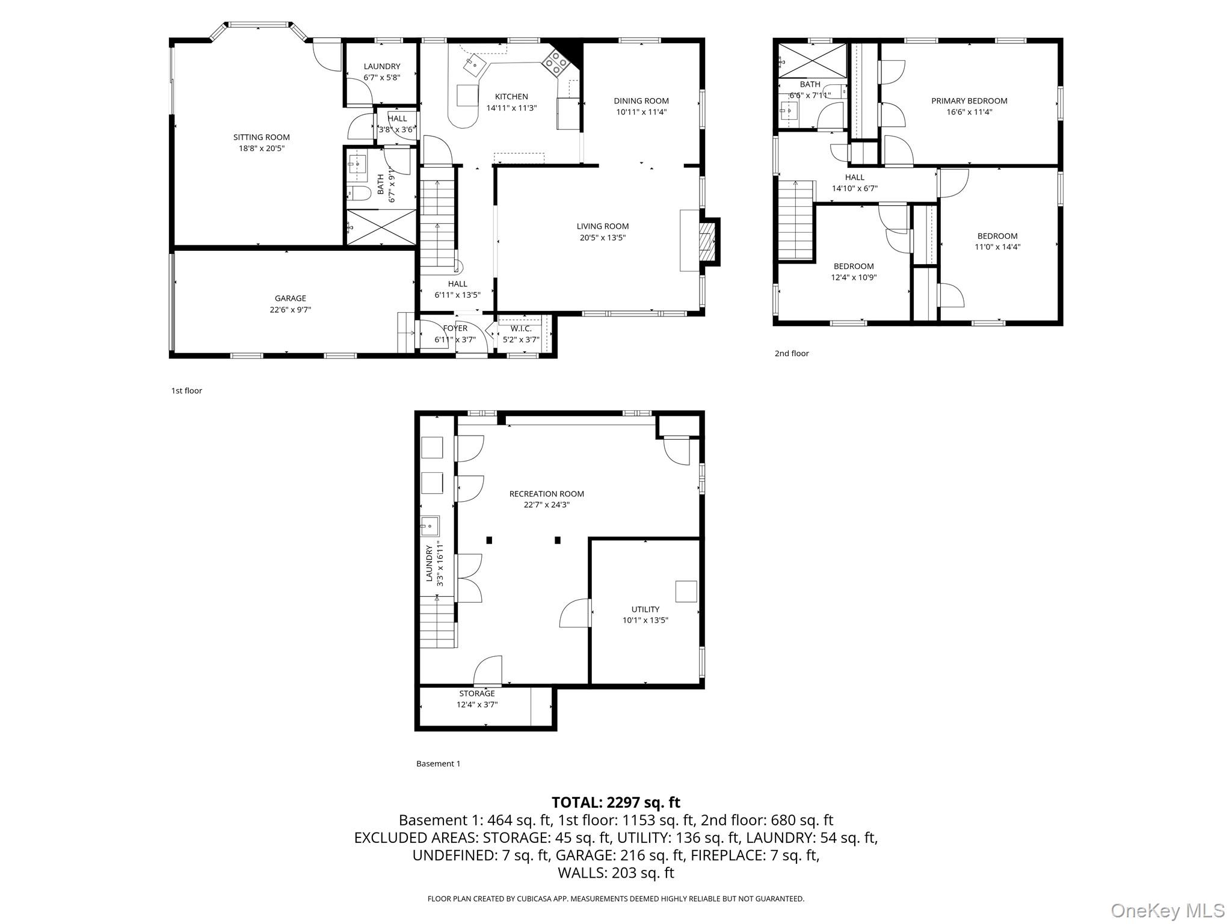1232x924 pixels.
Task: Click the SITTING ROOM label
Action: [x=261, y=137]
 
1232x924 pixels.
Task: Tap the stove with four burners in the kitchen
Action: [x=556, y=63]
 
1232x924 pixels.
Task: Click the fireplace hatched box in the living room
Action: [x=706, y=241]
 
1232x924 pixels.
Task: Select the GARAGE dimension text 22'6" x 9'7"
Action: [x=291, y=310]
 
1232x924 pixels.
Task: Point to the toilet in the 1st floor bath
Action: [x=359, y=193]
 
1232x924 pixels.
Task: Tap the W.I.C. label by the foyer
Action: [x=521, y=328]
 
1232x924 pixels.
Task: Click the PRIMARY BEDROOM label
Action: [x=969, y=101]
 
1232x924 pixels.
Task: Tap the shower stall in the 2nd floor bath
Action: [x=812, y=60]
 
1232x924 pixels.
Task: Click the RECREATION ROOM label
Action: [x=546, y=494]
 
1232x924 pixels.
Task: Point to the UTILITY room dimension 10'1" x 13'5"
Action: [x=645, y=620]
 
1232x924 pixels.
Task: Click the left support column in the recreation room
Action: [x=489, y=540]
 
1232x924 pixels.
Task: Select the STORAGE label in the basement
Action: [x=476, y=694]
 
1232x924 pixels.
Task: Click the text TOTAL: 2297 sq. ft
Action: [x=615, y=802]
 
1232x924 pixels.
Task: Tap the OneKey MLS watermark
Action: [x=1167, y=910]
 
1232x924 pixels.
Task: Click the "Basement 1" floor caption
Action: [x=438, y=764]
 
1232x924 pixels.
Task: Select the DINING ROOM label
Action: [x=641, y=101]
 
